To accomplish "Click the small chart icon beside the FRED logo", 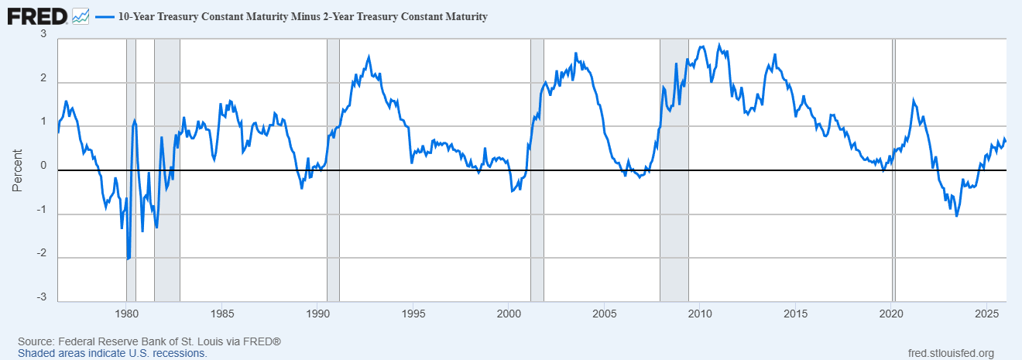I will (x=81, y=15).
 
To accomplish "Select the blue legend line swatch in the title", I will (x=105, y=16).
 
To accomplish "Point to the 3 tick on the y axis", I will (x=43, y=35).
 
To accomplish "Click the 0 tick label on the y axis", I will (x=43, y=166).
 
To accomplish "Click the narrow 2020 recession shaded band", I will (x=894, y=232).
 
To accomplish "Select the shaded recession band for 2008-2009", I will (x=674, y=232).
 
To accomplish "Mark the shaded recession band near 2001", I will (x=537, y=232).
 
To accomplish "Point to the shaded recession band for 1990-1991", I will (x=333, y=232).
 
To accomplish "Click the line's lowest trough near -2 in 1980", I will (x=128, y=259).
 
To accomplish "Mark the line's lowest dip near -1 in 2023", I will (x=956, y=216).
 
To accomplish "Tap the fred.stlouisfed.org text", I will (x=950, y=353).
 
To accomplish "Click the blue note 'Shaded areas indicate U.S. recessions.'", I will (x=112, y=353).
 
